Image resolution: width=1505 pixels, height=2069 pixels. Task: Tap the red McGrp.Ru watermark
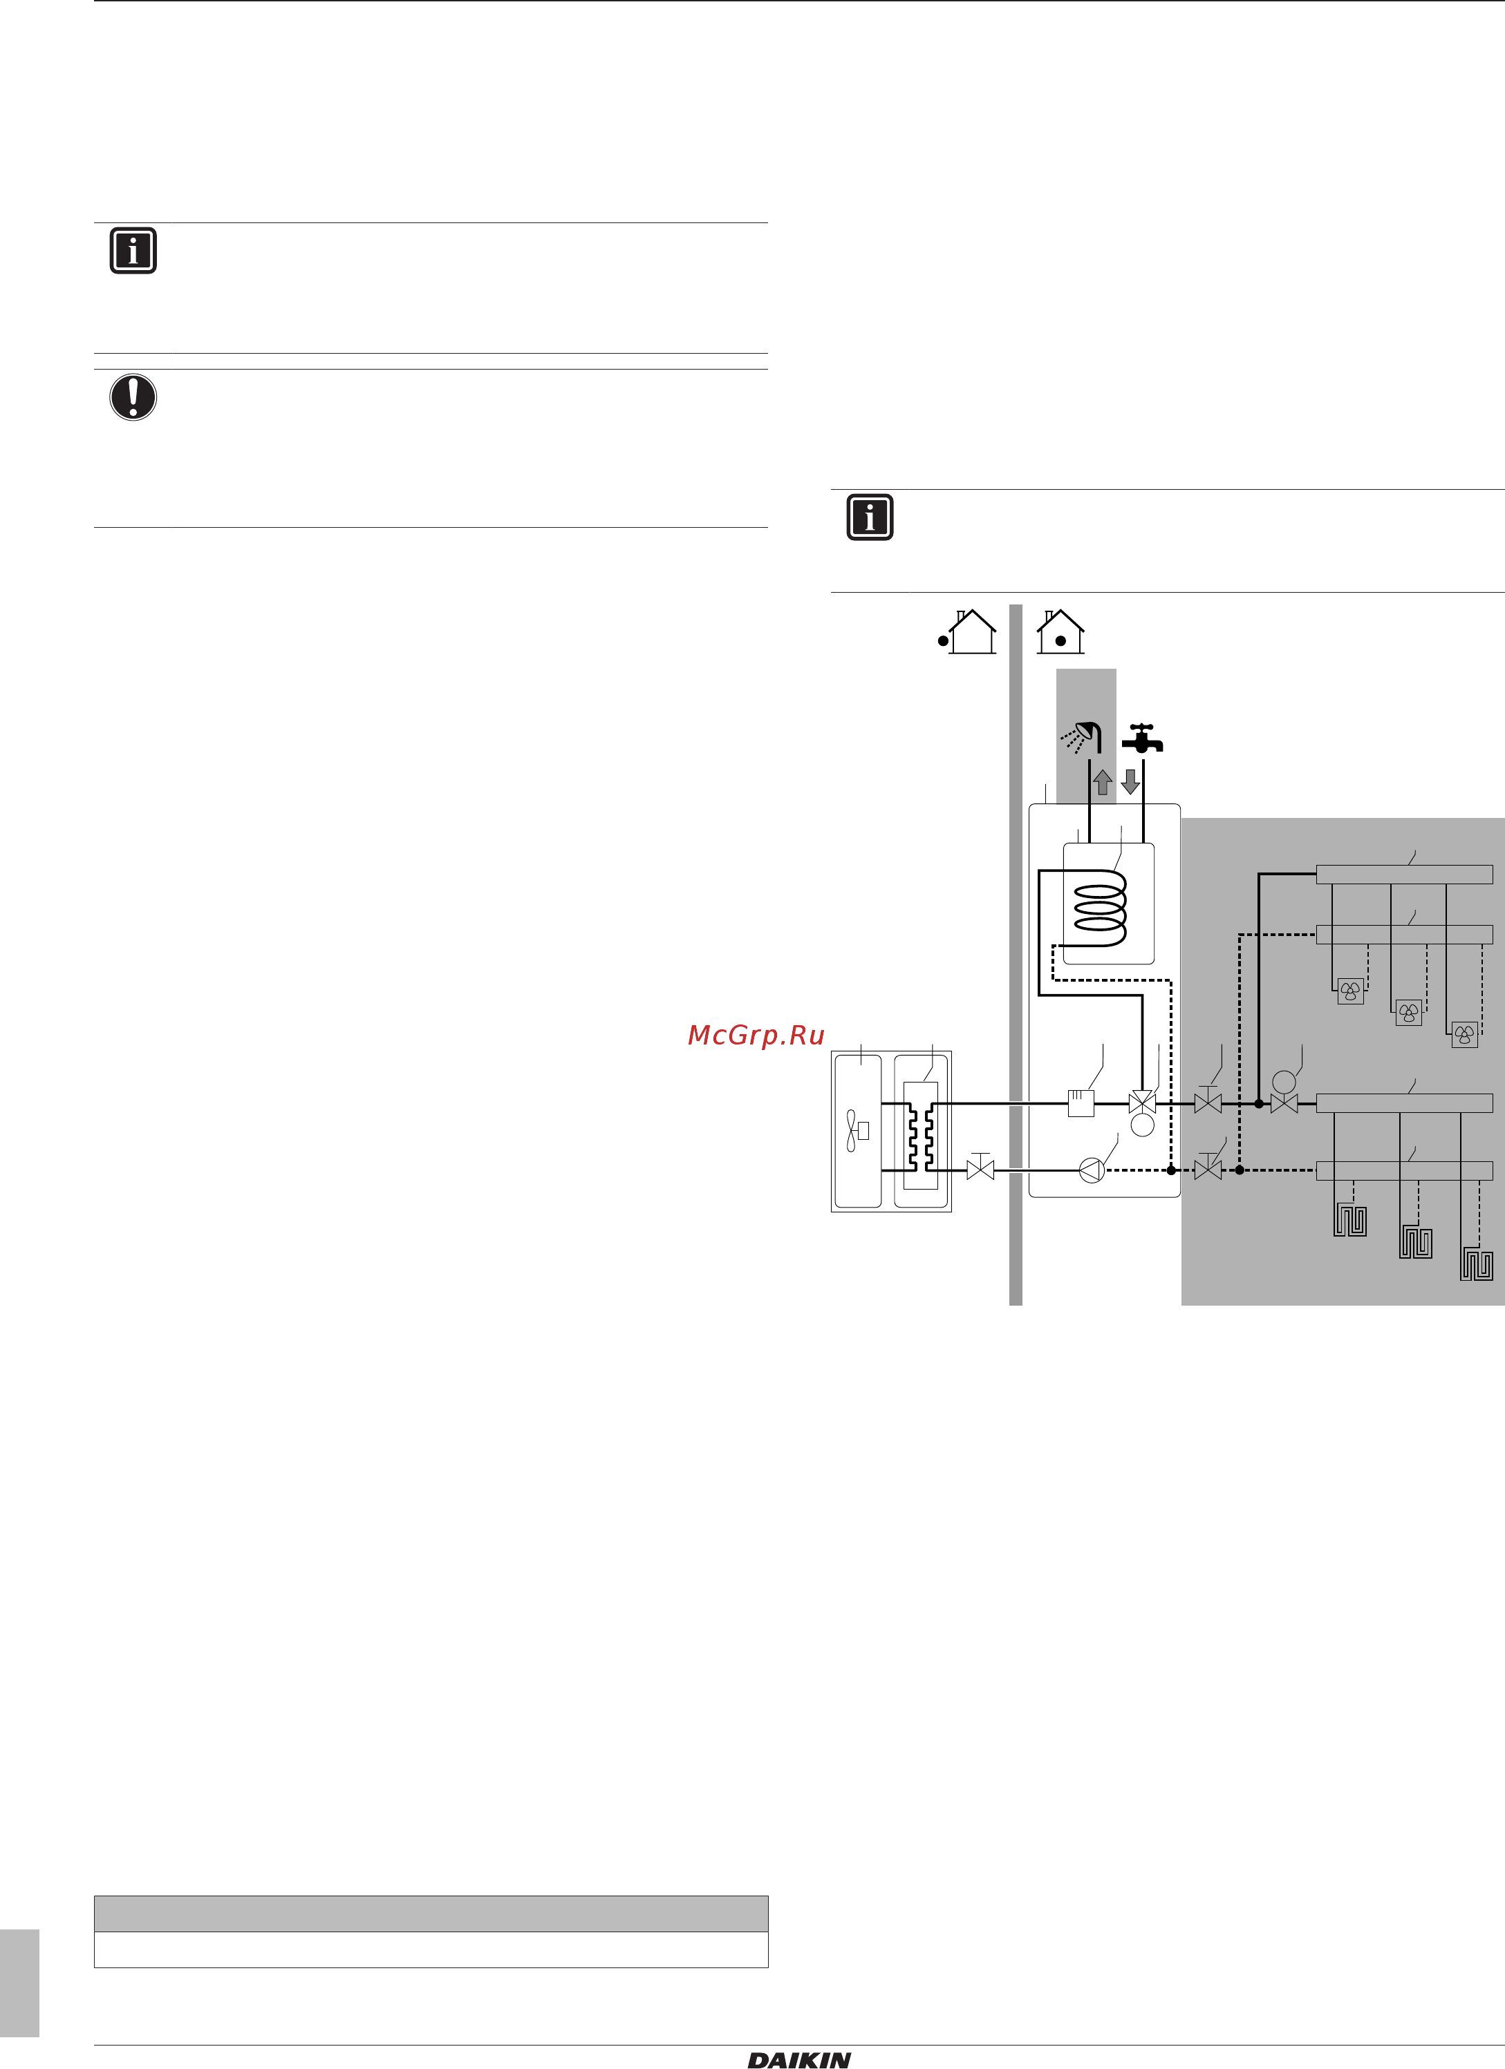[756, 1035]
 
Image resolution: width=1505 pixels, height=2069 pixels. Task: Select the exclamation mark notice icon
[133, 397]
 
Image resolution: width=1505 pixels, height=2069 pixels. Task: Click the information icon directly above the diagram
[870, 517]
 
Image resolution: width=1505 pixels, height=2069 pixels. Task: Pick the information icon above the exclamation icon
[133, 250]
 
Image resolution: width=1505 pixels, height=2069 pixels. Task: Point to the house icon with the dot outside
[967, 631]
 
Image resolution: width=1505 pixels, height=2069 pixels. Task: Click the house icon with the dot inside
[1060, 631]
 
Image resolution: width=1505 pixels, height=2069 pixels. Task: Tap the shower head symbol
[1081, 737]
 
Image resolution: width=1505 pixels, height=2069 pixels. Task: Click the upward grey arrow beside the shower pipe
[1103, 782]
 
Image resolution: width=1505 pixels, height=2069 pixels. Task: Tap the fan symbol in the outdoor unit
[856, 1131]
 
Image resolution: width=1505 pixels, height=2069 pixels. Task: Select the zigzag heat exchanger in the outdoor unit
[920, 1136]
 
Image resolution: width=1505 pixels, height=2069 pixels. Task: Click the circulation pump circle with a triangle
[1092, 1170]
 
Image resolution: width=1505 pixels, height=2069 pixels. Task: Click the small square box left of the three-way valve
[1081, 1104]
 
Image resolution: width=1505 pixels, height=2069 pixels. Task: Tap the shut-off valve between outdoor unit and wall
[980, 1167]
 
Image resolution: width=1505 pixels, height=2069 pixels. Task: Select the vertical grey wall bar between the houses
[1016, 954]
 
